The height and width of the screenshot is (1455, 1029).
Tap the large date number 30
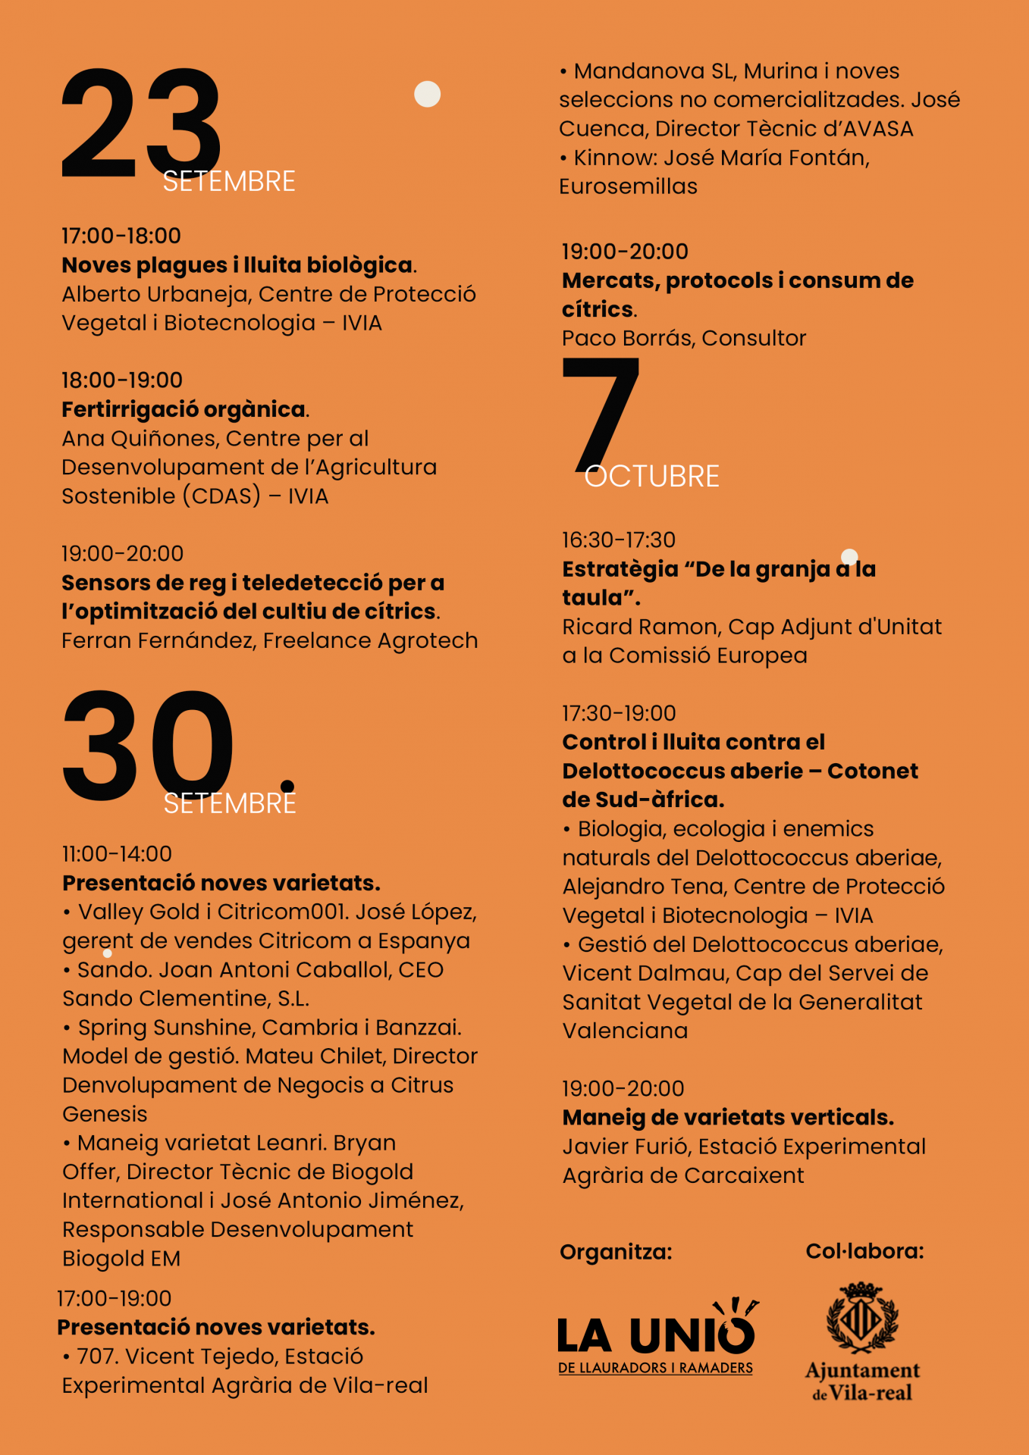[148, 746]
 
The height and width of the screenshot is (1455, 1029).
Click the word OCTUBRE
[652, 477]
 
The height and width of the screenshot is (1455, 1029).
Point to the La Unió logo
[657, 1337]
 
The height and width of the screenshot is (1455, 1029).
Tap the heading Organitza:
[616, 1252]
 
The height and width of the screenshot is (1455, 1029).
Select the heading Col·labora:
[864, 1251]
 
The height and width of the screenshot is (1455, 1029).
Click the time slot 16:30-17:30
[619, 540]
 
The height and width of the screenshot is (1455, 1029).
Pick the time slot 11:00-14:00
[118, 854]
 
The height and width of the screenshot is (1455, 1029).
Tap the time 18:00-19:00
[122, 380]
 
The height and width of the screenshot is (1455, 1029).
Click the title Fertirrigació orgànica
[184, 410]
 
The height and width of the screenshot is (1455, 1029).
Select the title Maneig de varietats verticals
[728, 1118]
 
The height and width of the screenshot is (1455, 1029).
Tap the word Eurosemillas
[628, 186]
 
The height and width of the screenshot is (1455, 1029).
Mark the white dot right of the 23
[428, 94]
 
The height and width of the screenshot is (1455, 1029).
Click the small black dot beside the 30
[287, 786]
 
